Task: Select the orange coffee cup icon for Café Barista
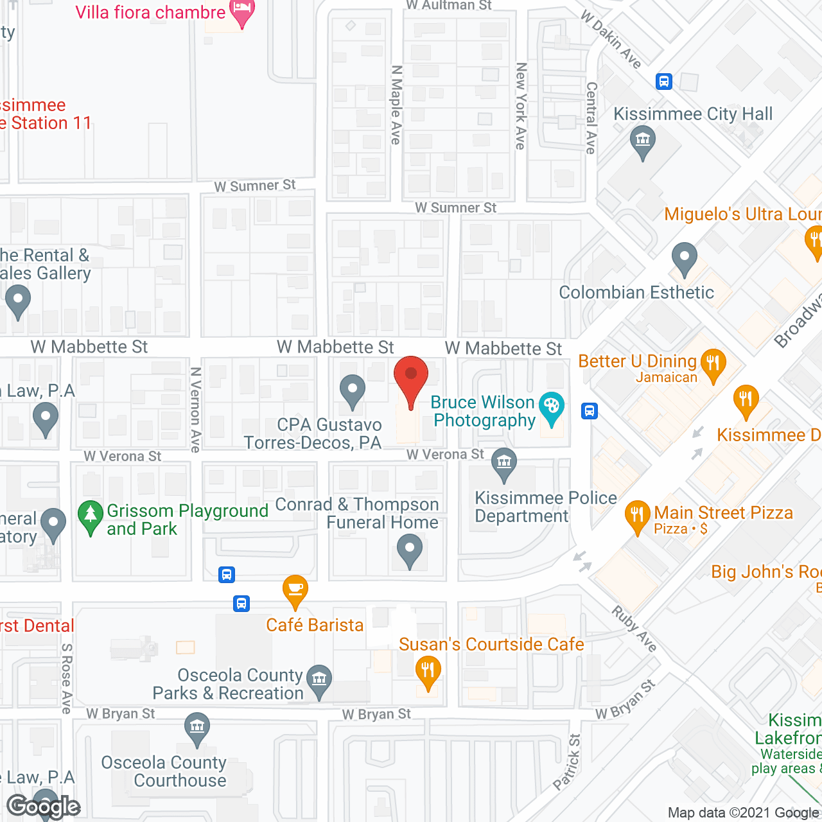tap(295, 590)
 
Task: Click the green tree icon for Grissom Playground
tap(91, 515)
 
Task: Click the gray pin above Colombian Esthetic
tap(684, 258)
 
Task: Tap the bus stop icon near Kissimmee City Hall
tap(664, 82)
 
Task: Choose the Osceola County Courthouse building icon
tap(197, 728)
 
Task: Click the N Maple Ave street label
tap(396, 104)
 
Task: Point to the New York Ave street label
tap(521, 106)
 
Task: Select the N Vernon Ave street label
tap(196, 410)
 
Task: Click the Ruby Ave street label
tap(634, 629)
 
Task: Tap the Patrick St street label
tap(567, 762)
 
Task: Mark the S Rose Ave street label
tap(66, 678)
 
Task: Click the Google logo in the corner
tap(44, 807)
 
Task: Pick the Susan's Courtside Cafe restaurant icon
tap(427, 672)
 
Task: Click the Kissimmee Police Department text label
tap(545, 507)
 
